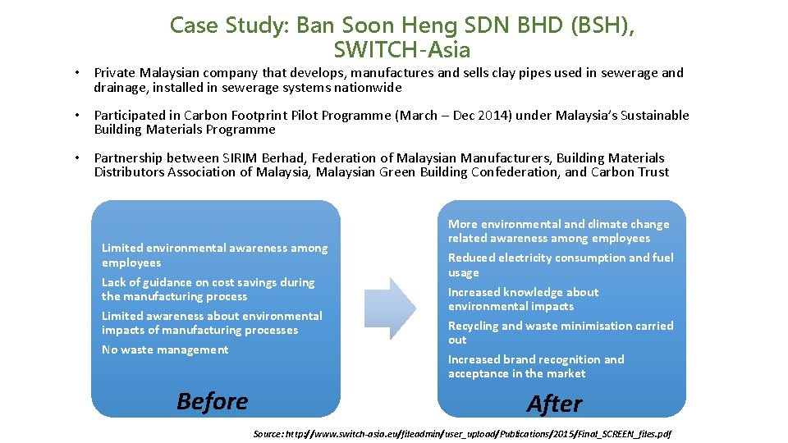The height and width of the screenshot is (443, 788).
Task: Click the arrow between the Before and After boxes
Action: pyautogui.click(x=392, y=308)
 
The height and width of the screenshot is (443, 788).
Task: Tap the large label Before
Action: pyautogui.click(x=212, y=401)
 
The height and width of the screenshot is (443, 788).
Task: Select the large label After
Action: pyautogui.click(x=555, y=404)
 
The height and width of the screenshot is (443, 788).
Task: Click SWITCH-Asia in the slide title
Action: pyautogui.click(x=402, y=51)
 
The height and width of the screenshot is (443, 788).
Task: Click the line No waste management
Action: pyautogui.click(x=165, y=349)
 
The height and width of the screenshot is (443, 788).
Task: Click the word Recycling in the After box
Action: pyautogui.click(x=474, y=326)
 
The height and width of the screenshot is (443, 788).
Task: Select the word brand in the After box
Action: pyautogui.click(x=525, y=359)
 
